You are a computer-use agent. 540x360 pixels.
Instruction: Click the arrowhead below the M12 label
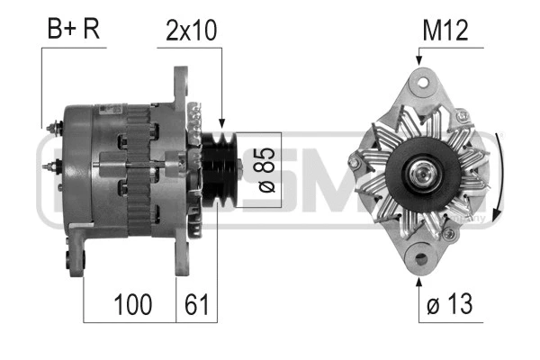[x=418, y=60]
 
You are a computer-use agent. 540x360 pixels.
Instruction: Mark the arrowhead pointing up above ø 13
[x=419, y=281]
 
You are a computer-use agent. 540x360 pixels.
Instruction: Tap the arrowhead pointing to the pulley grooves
[x=221, y=121]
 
